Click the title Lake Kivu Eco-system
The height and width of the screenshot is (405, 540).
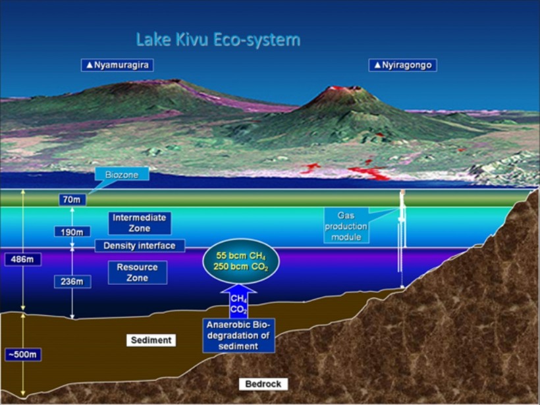click(218, 40)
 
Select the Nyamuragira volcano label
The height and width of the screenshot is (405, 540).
click(117, 65)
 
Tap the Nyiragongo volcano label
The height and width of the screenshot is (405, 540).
click(402, 65)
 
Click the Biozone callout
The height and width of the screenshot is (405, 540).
click(122, 175)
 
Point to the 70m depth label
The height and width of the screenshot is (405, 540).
click(72, 200)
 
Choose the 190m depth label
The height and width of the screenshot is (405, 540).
click(72, 232)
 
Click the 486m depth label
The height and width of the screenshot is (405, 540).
click(23, 259)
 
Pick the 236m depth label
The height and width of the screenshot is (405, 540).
click(72, 282)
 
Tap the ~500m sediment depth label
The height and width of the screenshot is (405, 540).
click(23, 354)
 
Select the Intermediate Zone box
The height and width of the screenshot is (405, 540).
click(140, 223)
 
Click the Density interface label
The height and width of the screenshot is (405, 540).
click(140, 246)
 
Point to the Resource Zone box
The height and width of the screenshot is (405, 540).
click(138, 273)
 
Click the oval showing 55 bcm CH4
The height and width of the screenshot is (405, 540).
click(240, 261)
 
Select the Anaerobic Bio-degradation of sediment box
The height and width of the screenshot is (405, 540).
click(238, 335)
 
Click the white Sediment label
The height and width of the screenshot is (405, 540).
click(151, 340)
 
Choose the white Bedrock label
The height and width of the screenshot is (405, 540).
click(263, 384)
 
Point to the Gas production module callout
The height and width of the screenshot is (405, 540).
click(346, 226)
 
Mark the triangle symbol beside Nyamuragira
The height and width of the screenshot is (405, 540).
click(90, 65)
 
